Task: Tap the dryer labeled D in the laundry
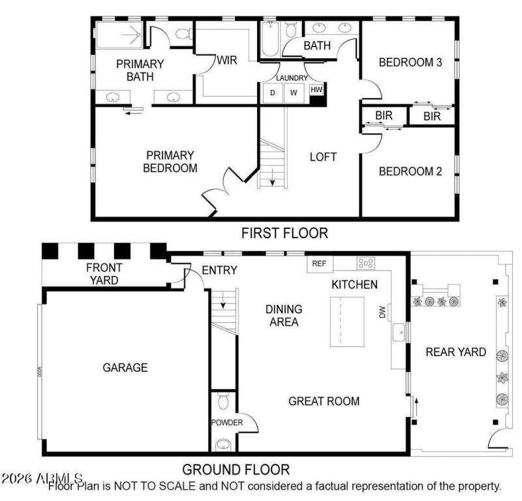[x=272, y=93]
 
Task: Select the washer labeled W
[x=294, y=93]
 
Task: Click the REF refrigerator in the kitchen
[x=319, y=264]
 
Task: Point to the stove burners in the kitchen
[x=365, y=264]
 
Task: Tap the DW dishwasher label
[x=384, y=312]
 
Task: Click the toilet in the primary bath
[x=183, y=33]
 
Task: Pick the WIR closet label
[x=226, y=61]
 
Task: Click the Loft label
[x=323, y=157]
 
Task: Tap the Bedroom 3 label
[x=410, y=63]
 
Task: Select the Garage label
[x=125, y=367]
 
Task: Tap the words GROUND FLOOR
[x=236, y=469]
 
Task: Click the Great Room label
[x=324, y=401]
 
